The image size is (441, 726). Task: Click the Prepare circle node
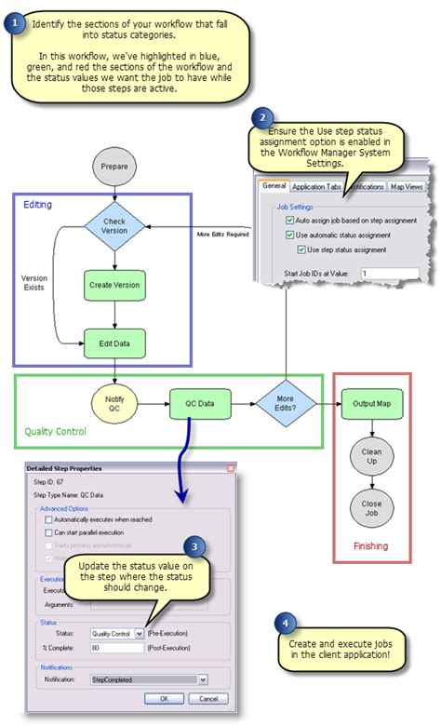[114, 167]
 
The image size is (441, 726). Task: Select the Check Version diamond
[114, 226]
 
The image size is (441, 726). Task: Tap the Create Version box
[114, 285]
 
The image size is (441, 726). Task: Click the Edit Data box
[114, 343]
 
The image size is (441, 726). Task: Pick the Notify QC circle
[114, 406]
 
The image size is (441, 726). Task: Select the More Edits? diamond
[285, 405]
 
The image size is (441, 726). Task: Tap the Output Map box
[370, 405]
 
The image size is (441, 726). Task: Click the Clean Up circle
[370, 456]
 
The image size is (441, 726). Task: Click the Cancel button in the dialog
[209, 698]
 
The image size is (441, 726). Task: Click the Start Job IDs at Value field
[391, 273]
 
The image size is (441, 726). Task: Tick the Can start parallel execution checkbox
[49, 532]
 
